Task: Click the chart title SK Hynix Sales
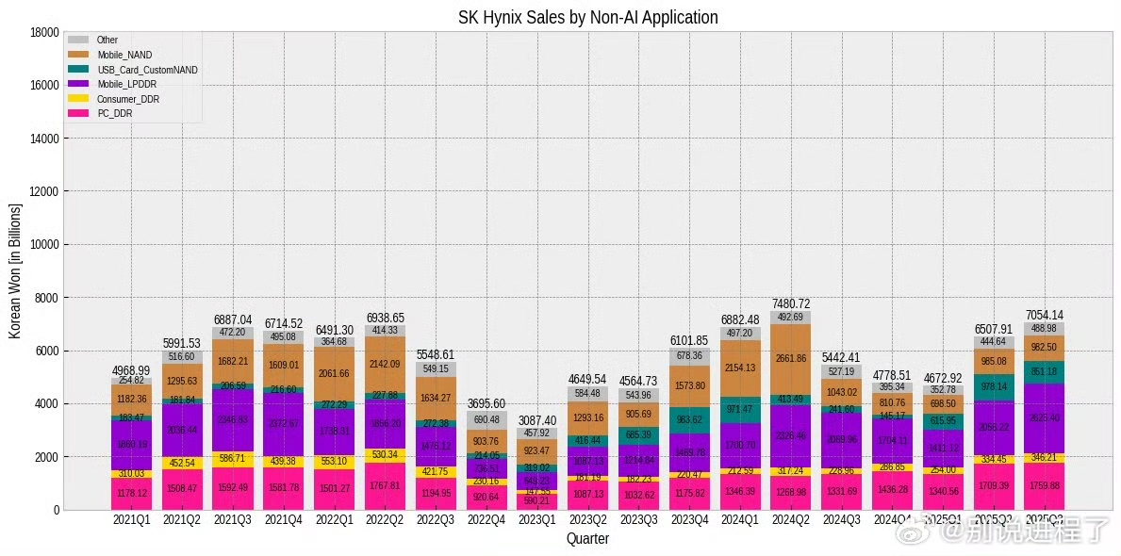pos(587,17)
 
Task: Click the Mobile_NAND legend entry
pos(124,55)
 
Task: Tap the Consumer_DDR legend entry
pos(127,98)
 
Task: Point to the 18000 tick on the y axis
pos(46,32)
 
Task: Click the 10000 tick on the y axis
pos(46,244)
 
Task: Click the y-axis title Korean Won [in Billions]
pos(16,270)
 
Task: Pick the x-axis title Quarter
pos(587,539)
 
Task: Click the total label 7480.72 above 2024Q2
pos(791,303)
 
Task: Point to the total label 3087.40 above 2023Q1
pos(537,420)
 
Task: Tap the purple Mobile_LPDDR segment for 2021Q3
pos(233,420)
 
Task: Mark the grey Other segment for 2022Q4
pos(486,420)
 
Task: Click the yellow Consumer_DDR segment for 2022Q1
pos(334,463)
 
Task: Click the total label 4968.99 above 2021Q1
pos(131,369)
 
